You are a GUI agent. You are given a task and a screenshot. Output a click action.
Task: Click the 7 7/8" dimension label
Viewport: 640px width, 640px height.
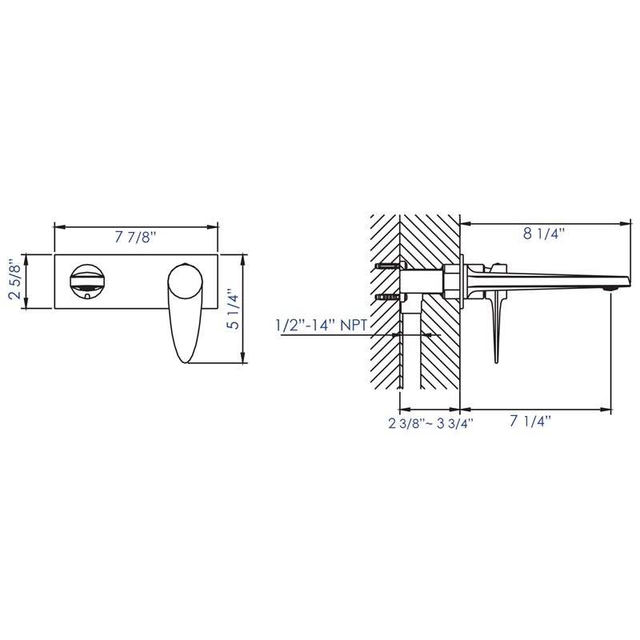tap(135, 238)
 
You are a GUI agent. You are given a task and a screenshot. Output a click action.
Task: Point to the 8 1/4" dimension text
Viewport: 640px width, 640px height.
tap(544, 234)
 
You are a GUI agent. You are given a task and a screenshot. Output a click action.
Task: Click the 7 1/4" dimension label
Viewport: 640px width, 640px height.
tap(531, 422)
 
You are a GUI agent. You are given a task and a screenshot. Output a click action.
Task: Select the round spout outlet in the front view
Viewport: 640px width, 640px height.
tap(86, 279)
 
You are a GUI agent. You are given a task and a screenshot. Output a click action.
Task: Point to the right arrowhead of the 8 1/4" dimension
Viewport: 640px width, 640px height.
tap(626, 222)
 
